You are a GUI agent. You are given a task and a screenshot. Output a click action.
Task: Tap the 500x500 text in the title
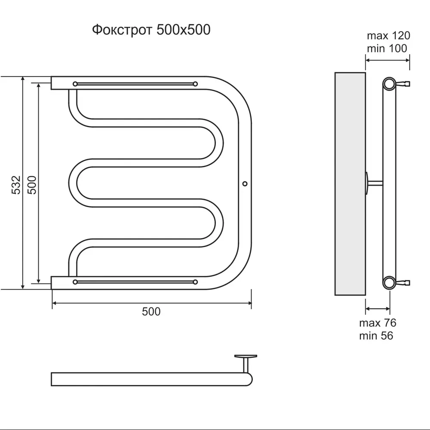point(183,30)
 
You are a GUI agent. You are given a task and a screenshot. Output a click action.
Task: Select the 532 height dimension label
point(16,185)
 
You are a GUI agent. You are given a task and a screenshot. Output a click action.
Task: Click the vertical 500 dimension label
point(32,185)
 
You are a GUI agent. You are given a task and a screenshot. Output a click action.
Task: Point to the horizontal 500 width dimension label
point(151,311)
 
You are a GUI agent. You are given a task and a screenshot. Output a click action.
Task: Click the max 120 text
point(388,36)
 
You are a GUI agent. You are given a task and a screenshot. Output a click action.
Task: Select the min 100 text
point(387,49)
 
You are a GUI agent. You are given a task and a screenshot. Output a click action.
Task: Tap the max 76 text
point(378,323)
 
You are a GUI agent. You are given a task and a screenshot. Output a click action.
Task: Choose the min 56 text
point(376,336)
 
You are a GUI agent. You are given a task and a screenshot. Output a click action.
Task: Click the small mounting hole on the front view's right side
point(245,184)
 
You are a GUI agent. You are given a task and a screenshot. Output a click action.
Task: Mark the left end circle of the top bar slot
point(75,84)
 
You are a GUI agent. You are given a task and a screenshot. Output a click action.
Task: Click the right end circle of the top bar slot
point(195,84)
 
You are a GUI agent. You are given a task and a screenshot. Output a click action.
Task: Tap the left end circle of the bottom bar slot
point(75,282)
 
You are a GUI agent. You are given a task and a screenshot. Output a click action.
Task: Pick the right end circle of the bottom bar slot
point(195,282)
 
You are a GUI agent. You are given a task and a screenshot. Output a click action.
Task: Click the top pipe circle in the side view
point(389,84)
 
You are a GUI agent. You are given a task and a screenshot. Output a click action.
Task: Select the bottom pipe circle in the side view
point(389,283)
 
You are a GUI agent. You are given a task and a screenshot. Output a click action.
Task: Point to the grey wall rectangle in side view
point(350,184)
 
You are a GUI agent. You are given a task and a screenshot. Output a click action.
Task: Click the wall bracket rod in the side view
point(375,183)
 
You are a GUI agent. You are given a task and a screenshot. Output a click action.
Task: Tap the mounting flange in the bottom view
point(246,356)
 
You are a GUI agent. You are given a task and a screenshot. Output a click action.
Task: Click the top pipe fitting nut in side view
point(403,83)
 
